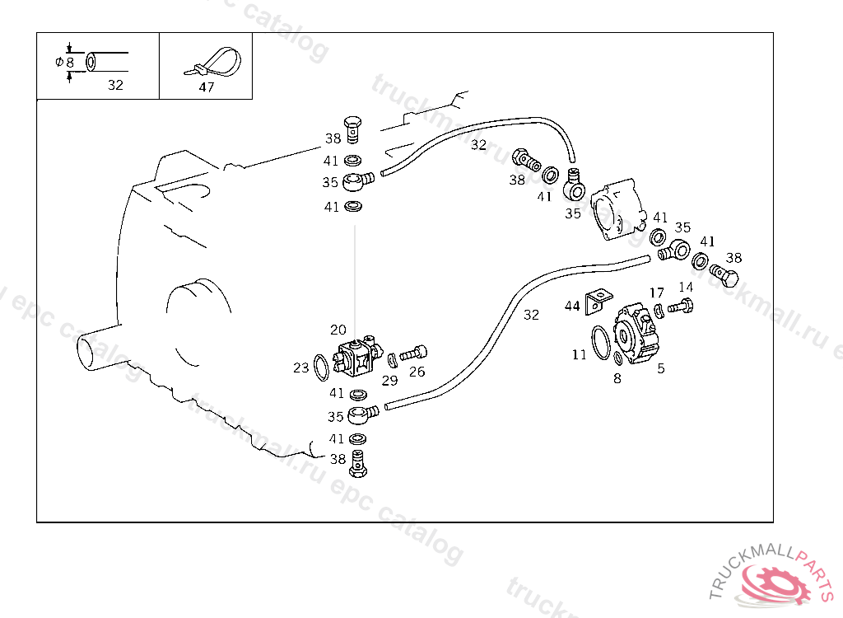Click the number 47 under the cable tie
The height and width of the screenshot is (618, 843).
(x=206, y=87)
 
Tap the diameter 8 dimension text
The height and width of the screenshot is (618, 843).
(x=65, y=62)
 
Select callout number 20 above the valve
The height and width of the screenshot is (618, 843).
(x=338, y=330)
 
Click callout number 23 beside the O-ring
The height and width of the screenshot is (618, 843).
(x=301, y=368)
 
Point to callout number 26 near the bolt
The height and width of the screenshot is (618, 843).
(x=417, y=372)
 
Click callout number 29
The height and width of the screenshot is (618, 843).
(x=389, y=380)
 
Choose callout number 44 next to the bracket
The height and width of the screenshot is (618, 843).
(x=572, y=307)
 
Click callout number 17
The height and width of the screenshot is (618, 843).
(x=656, y=293)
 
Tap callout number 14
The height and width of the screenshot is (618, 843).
(x=686, y=287)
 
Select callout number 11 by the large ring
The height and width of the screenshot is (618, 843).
(x=580, y=354)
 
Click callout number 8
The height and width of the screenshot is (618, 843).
(x=617, y=378)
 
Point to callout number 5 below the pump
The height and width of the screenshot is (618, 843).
(x=660, y=368)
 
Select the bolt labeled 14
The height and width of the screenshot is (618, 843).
(x=680, y=307)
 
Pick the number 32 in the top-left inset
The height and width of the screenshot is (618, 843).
(x=115, y=85)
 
